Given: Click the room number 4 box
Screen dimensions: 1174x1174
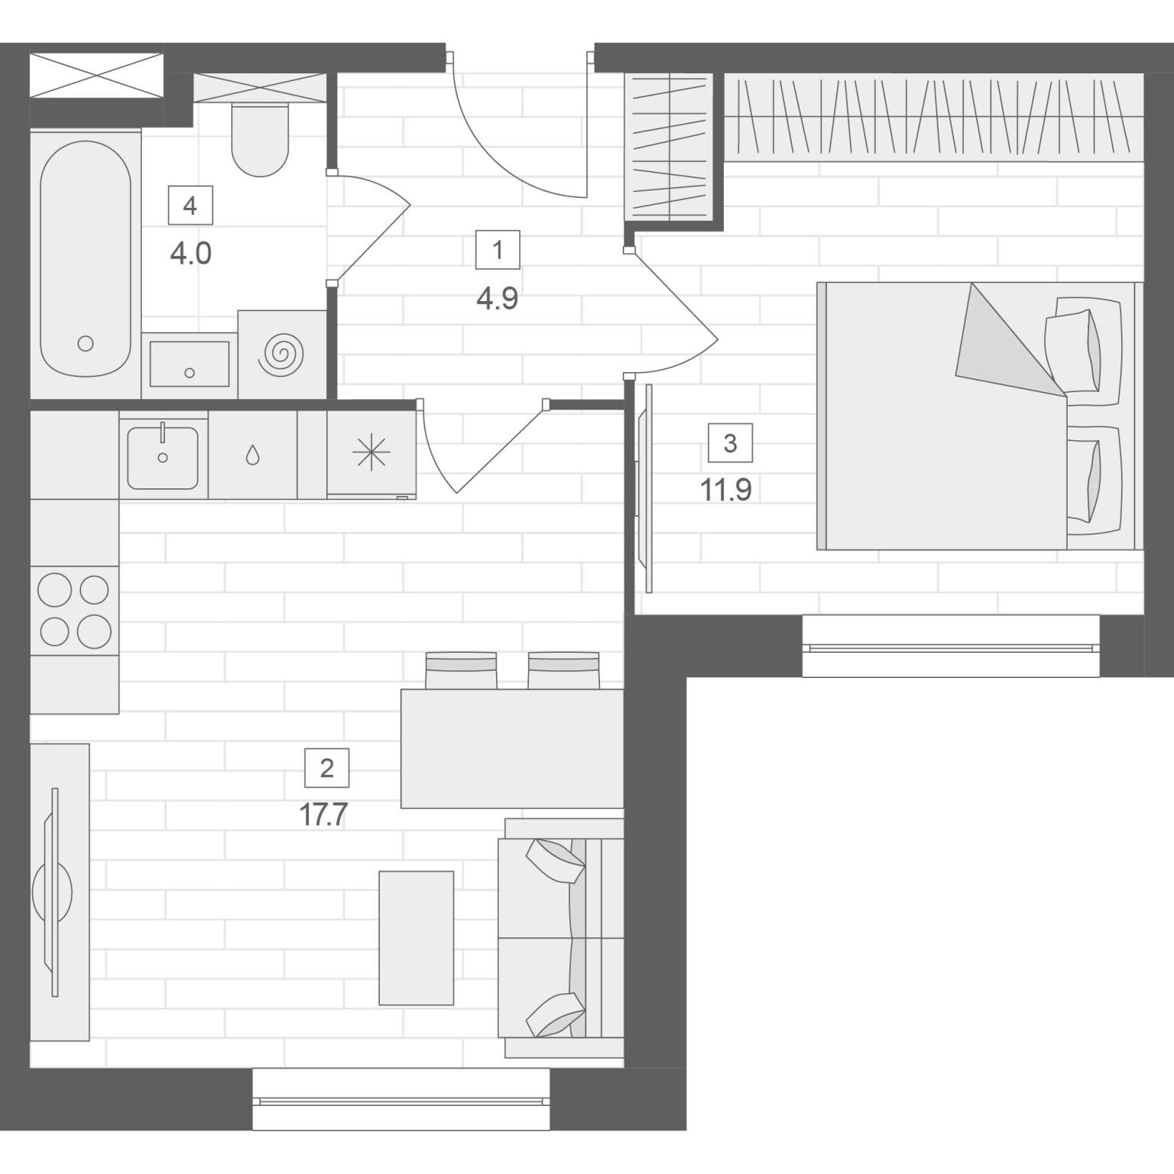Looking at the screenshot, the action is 190,206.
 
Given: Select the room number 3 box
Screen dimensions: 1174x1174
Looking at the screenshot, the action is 730,443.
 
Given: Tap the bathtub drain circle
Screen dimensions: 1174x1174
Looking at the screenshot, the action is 86,344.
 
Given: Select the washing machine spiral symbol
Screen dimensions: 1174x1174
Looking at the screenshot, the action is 282,353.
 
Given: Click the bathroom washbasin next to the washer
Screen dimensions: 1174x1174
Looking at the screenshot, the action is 190,365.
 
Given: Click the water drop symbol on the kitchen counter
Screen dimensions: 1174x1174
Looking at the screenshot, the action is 252,456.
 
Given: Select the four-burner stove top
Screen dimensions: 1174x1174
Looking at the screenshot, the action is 75,610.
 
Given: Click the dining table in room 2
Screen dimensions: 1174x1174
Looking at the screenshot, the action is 513,748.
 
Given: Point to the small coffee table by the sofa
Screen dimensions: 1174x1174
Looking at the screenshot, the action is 417,938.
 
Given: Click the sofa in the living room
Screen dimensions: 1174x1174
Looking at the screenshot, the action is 561,938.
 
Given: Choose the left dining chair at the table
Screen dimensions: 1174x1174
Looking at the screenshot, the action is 461,670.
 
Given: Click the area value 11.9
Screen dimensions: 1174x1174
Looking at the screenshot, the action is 726,490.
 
